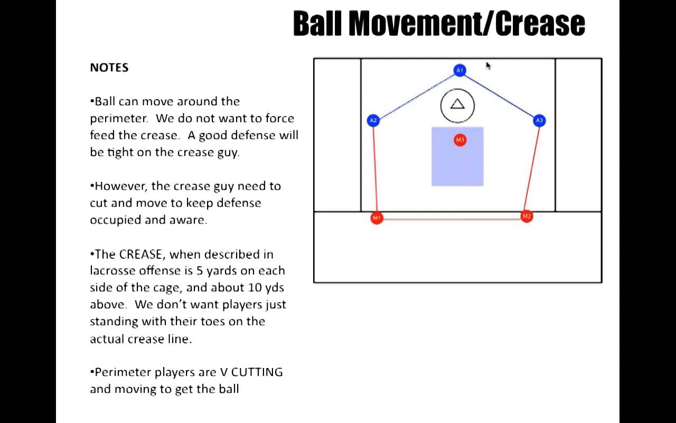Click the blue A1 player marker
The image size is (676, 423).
click(x=459, y=70)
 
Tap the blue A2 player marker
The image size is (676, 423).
click(x=373, y=121)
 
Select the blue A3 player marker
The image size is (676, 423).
click(x=539, y=121)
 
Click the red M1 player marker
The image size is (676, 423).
click(x=377, y=217)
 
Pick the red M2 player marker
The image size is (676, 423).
click(x=527, y=216)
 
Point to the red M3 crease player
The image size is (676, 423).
click(x=460, y=140)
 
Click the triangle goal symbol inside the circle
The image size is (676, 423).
click(x=457, y=104)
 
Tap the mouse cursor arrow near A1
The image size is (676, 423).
click(x=489, y=66)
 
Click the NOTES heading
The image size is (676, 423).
click(x=109, y=67)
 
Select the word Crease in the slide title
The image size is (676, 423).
click(x=540, y=24)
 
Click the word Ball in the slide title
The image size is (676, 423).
click(x=317, y=24)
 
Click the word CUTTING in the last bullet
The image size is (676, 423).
click(x=257, y=372)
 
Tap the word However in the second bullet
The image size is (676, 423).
click(x=121, y=186)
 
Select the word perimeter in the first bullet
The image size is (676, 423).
click(x=119, y=118)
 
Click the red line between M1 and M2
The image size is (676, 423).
click(x=452, y=219)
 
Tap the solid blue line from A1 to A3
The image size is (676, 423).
click(x=500, y=96)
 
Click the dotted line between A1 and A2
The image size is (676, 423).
click(x=417, y=96)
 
